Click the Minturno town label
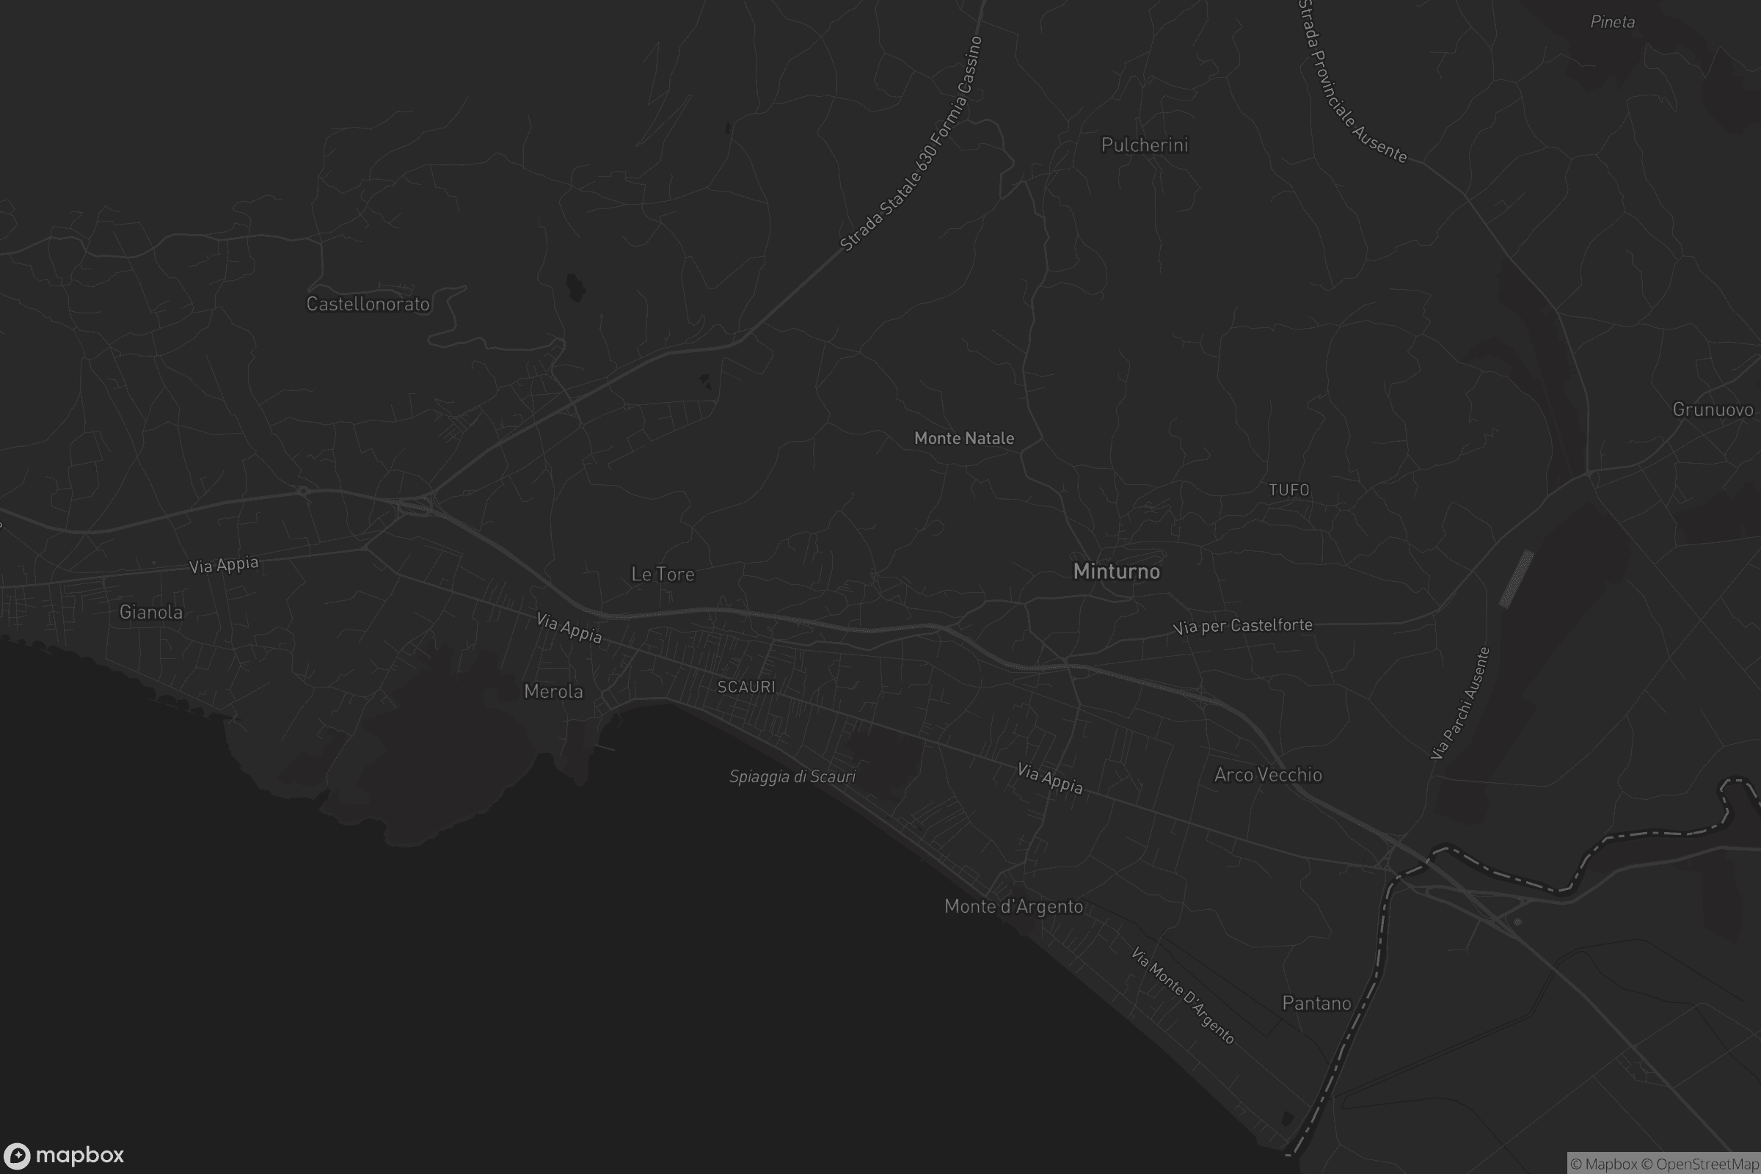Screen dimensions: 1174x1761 [1116, 572]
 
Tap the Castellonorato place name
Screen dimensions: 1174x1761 [368, 304]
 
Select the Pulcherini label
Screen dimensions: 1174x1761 [1144, 145]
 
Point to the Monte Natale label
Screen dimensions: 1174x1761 [963, 439]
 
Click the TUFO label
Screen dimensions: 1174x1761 [1288, 489]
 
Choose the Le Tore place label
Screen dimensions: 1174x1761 [663, 575]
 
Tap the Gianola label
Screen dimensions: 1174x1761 [150, 613]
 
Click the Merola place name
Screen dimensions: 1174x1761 [553, 691]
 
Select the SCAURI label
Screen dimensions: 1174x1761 [745, 687]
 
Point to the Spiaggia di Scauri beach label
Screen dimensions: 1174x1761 [792, 776]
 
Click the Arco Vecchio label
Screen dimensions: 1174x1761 [1268, 775]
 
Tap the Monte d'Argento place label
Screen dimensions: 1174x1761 [1013, 907]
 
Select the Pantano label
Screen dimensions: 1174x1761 [1316, 1003]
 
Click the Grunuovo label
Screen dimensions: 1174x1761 [1713, 409]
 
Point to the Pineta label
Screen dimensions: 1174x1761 [1612, 23]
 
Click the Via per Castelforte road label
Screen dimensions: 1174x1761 [1242, 626]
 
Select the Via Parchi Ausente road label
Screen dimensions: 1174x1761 [1459, 704]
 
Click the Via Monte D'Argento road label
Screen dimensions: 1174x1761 [1182, 996]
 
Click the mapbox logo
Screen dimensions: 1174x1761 [63, 1155]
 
